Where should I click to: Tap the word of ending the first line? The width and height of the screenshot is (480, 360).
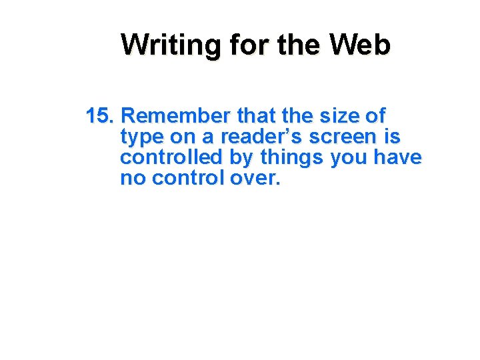pyautogui.click(x=375, y=116)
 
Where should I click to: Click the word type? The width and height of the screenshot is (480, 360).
pyautogui.click(x=142, y=137)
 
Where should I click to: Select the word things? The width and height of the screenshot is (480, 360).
pyautogui.click(x=292, y=158)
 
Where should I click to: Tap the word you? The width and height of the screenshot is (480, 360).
pyautogui.click(x=349, y=158)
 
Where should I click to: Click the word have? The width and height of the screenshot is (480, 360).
pyautogui.click(x=397, y=158)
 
